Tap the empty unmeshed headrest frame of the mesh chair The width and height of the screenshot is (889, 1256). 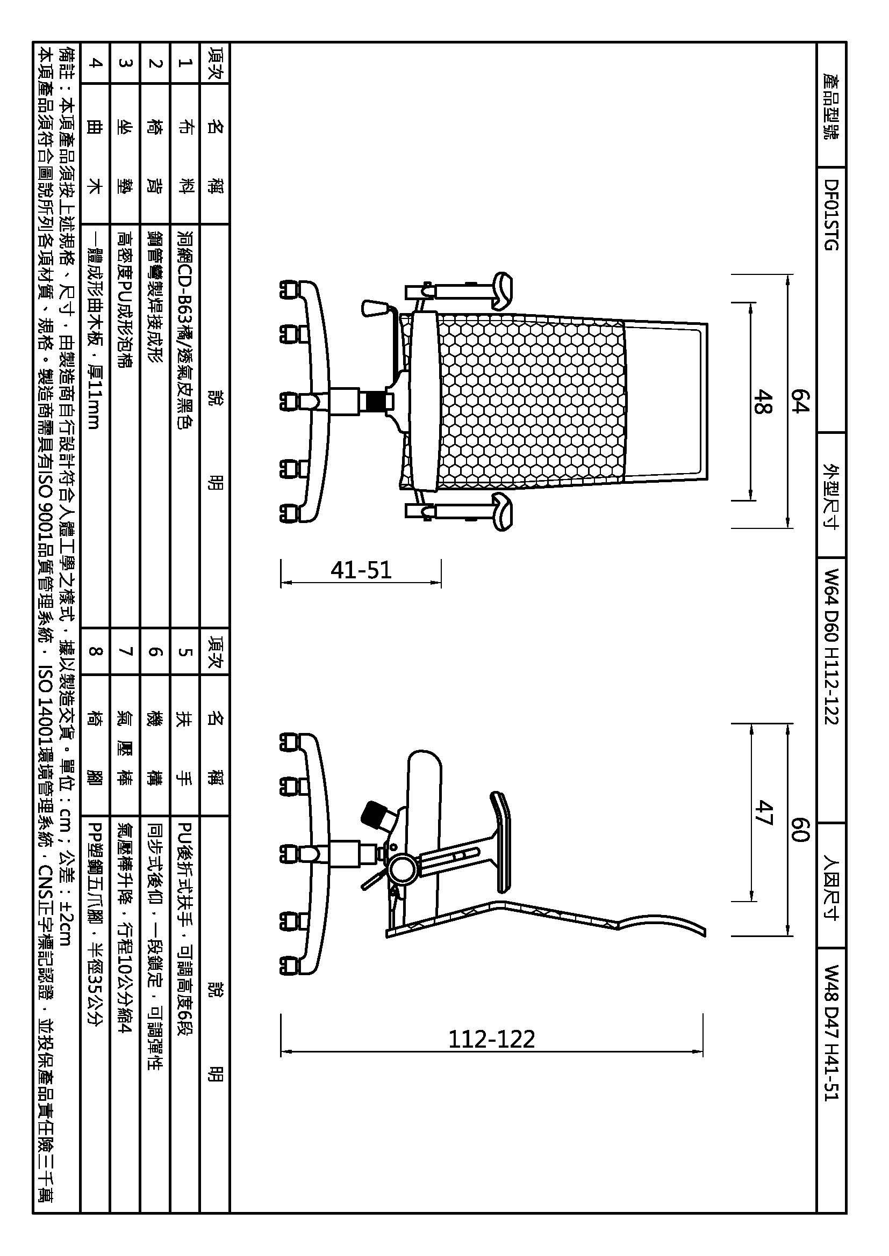tap(665, 402)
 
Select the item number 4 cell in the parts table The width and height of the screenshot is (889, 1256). tap(96, 63)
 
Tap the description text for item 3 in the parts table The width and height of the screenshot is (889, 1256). tap(125, 299)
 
